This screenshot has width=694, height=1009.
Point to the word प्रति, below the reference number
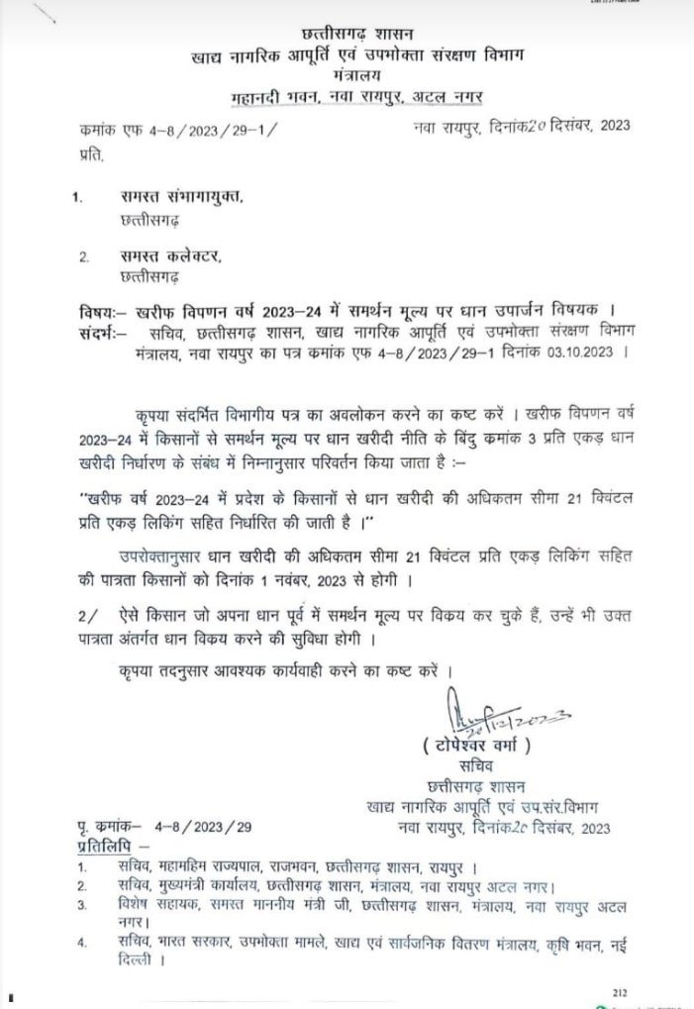90,154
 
